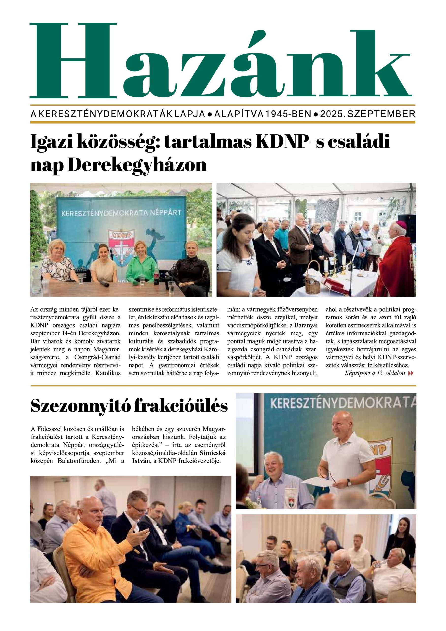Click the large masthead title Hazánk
point(220,62)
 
